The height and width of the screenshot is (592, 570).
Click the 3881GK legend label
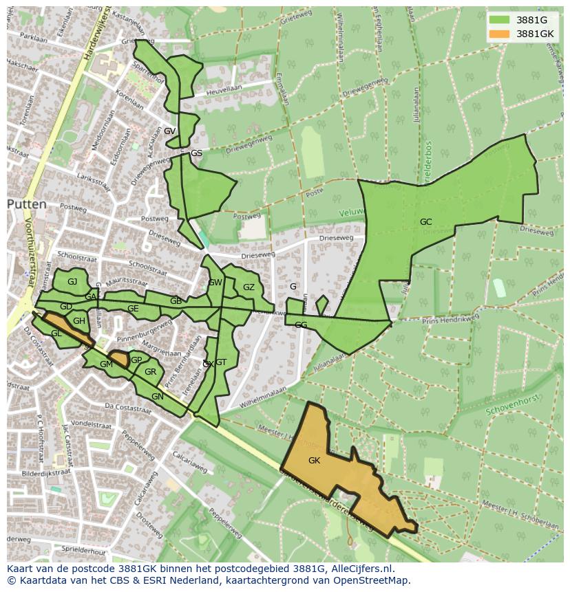tap(535, 34)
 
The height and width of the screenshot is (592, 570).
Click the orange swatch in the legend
tap(500, 34)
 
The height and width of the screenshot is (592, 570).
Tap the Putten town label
tap(27, 204)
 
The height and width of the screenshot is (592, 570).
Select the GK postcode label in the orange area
tap(314, 460)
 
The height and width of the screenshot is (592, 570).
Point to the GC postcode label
tap(426, 221)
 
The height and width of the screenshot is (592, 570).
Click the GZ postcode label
tap(249, 287)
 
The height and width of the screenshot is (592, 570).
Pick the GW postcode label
tap(215, 283)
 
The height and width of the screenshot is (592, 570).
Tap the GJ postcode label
tap(72, 281)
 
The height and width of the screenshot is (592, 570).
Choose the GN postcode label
tap(158, 397)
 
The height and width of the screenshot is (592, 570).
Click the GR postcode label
tap(150, 372)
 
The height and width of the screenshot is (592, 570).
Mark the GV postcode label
tap(169, 131)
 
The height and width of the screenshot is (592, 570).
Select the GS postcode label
tap(196, 153)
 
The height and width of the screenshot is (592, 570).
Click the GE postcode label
tap(133, 309)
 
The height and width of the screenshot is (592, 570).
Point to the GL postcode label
tap(56, 333)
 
